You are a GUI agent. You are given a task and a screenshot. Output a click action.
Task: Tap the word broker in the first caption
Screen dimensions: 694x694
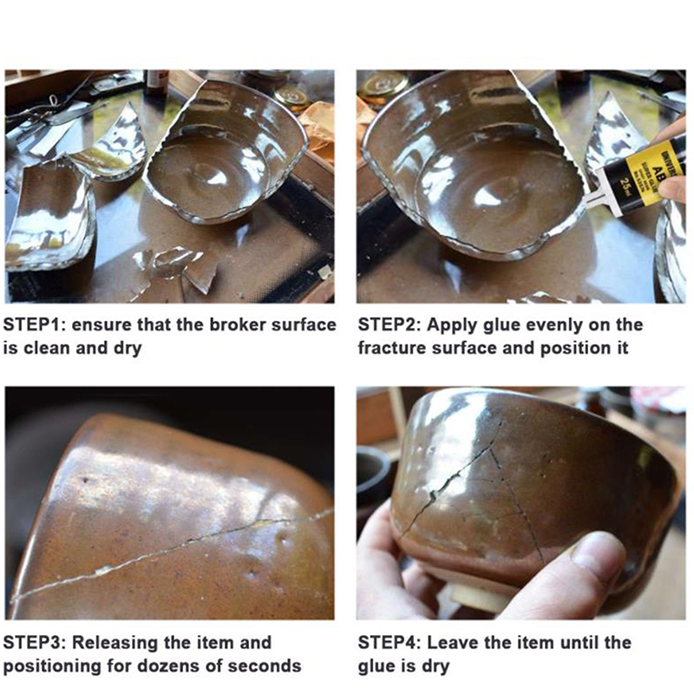pos(238,324)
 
